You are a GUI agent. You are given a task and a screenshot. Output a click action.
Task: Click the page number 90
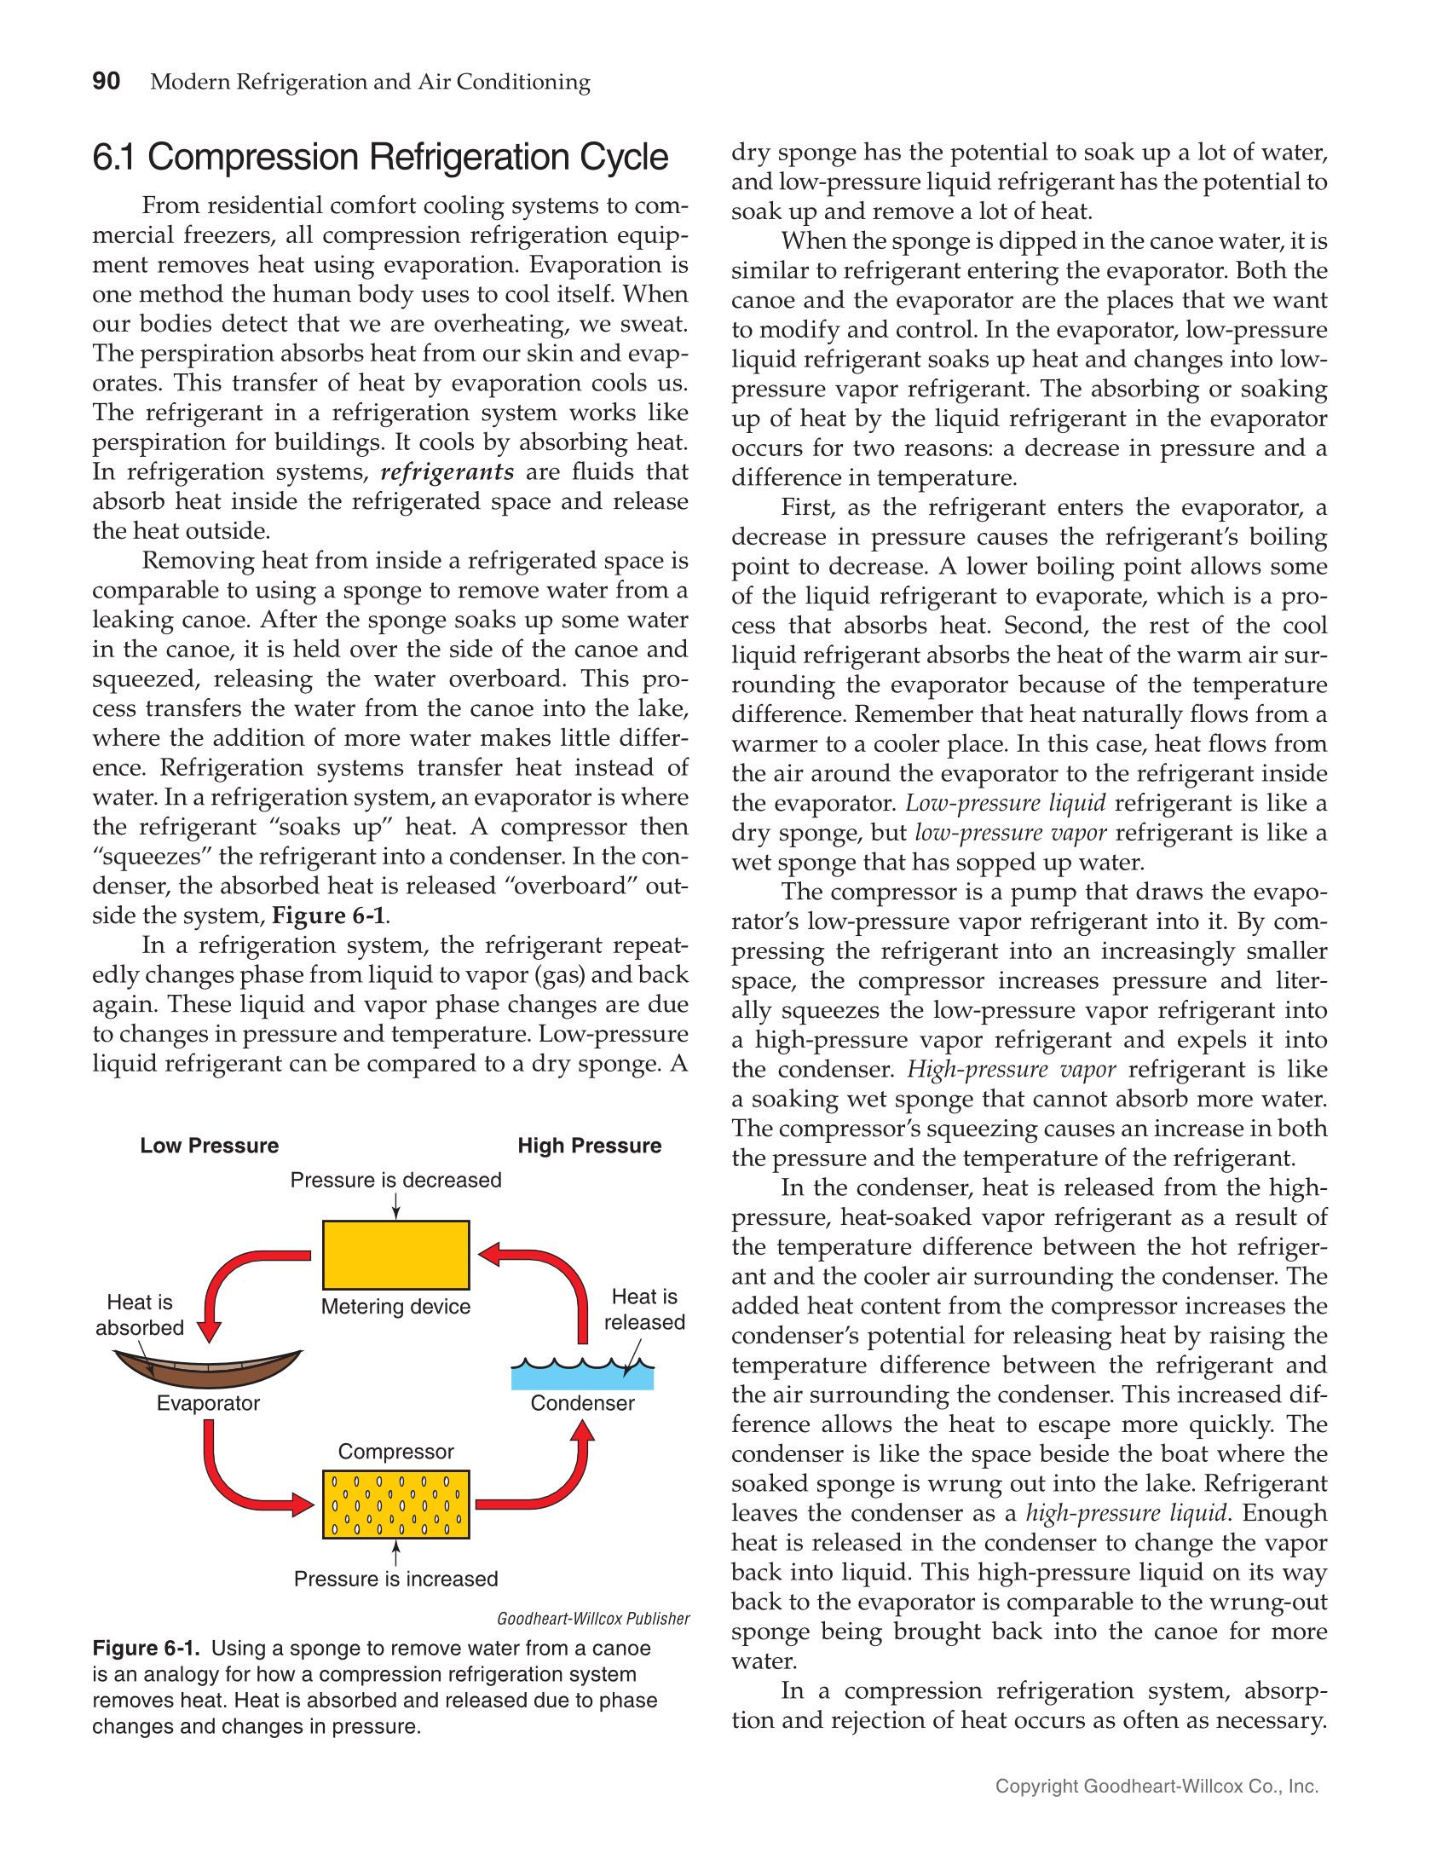pyautogui.click(x=106, y=81)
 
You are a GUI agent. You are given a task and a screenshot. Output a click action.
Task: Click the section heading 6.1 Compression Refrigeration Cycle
pyautogui.click(x=380, y=158)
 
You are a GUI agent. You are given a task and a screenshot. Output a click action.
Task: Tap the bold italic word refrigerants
pyautogui.click(x=447, y=472)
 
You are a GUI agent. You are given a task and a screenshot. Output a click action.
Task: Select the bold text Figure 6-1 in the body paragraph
pyautogui.click(x=328, y=915)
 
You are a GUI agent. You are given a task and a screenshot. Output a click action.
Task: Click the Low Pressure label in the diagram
pyautogui.click(x=209, y=1146)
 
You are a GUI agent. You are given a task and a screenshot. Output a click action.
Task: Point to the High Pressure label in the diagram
pyautogui.click(x=589, y=1146)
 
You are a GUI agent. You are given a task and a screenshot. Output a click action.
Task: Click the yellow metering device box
pyautogui.click(x=395, y=1255)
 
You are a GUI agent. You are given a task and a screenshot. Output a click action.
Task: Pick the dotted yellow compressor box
pyautogui.click(x=395, y=1505)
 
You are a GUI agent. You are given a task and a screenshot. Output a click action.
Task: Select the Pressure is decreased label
pyautogui.click(x=395, y=1181)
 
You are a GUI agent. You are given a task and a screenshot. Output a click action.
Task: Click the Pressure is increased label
pyautogui.click(x=395, y=1579)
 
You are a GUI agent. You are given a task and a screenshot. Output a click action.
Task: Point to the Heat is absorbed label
pyautogui.click(x=140, y=1314)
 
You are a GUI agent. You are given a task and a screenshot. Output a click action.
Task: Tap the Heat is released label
pyautogui.click(x=644, y=1309)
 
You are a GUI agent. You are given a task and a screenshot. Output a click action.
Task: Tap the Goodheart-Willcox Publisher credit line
pyautogui.click(x=593, y=1619)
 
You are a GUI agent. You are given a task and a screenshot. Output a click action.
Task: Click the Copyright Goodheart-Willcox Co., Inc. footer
pyautogui.click(x=1157, y=1787)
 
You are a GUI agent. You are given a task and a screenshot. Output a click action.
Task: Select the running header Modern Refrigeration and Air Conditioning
pyautogui.click(x=370, y=82)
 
